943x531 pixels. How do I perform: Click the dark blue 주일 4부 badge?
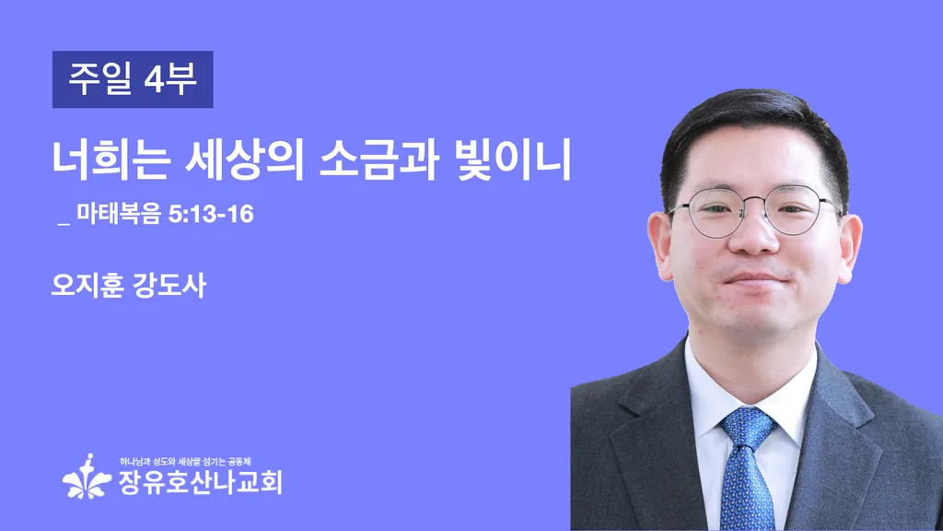pyautogui.click(x=133, y=79)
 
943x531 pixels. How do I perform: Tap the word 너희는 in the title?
pyautogui.click(x=111, y=160)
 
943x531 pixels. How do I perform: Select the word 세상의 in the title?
pyautogui.click(x=244, y=160)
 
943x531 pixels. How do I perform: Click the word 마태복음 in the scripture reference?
pyautogui.click(x=119, y=214)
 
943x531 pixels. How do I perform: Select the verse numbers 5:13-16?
pyautogui.click(x=211, y=214)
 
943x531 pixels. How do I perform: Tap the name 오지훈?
pyautogui.click(x=87, y=286)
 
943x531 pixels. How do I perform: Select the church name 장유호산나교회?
pyautogui.click(x=200, y=481)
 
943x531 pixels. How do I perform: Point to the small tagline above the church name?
pyautogui.click(x=185, y=462)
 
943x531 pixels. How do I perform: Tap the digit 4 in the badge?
pyautogui.click(x=154, y=79)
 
